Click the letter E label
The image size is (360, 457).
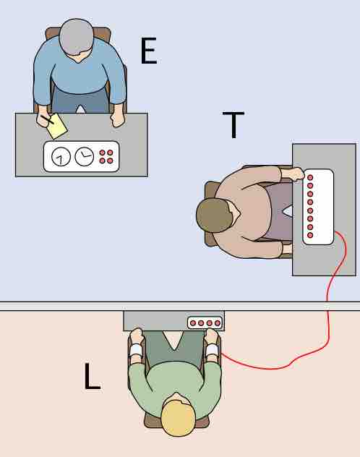tap(148, 53)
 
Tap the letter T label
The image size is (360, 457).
tap(233, 125)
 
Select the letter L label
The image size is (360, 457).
tap(92, 376)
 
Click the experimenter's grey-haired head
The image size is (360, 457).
tap(77, 37)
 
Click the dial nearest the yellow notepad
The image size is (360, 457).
tap(61, 156)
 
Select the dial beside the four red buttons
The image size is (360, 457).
tap(85, 155)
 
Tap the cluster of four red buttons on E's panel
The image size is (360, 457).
tap(106, 156)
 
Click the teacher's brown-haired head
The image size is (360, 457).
tap(213, 215)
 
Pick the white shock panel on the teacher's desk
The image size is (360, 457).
tap(318, 207)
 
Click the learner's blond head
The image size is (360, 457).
tap(178, 419)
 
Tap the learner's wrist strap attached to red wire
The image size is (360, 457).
tap(212, 351)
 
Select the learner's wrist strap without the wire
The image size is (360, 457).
tap(136, 352)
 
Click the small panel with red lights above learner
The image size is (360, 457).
tap(205, 323)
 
